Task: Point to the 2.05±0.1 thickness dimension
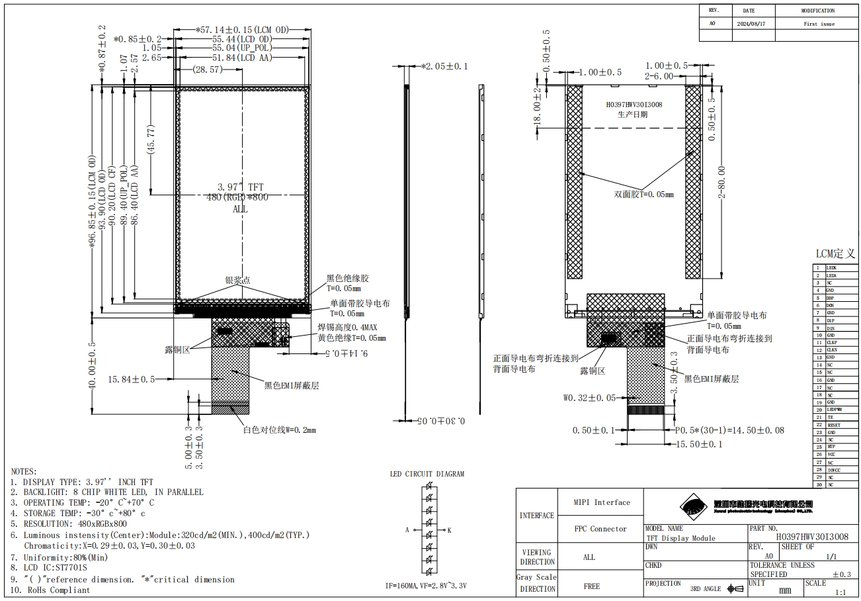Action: [x=444, y=66]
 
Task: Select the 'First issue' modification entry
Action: [x=819, y=24]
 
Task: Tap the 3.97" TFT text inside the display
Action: [x=241, y=187]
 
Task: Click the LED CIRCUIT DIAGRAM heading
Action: [x=427, y=474]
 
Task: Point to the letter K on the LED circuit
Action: [x=449, y=530]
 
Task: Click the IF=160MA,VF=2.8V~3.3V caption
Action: [x=427, y=586]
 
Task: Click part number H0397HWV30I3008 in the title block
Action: [x=811, y=537]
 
